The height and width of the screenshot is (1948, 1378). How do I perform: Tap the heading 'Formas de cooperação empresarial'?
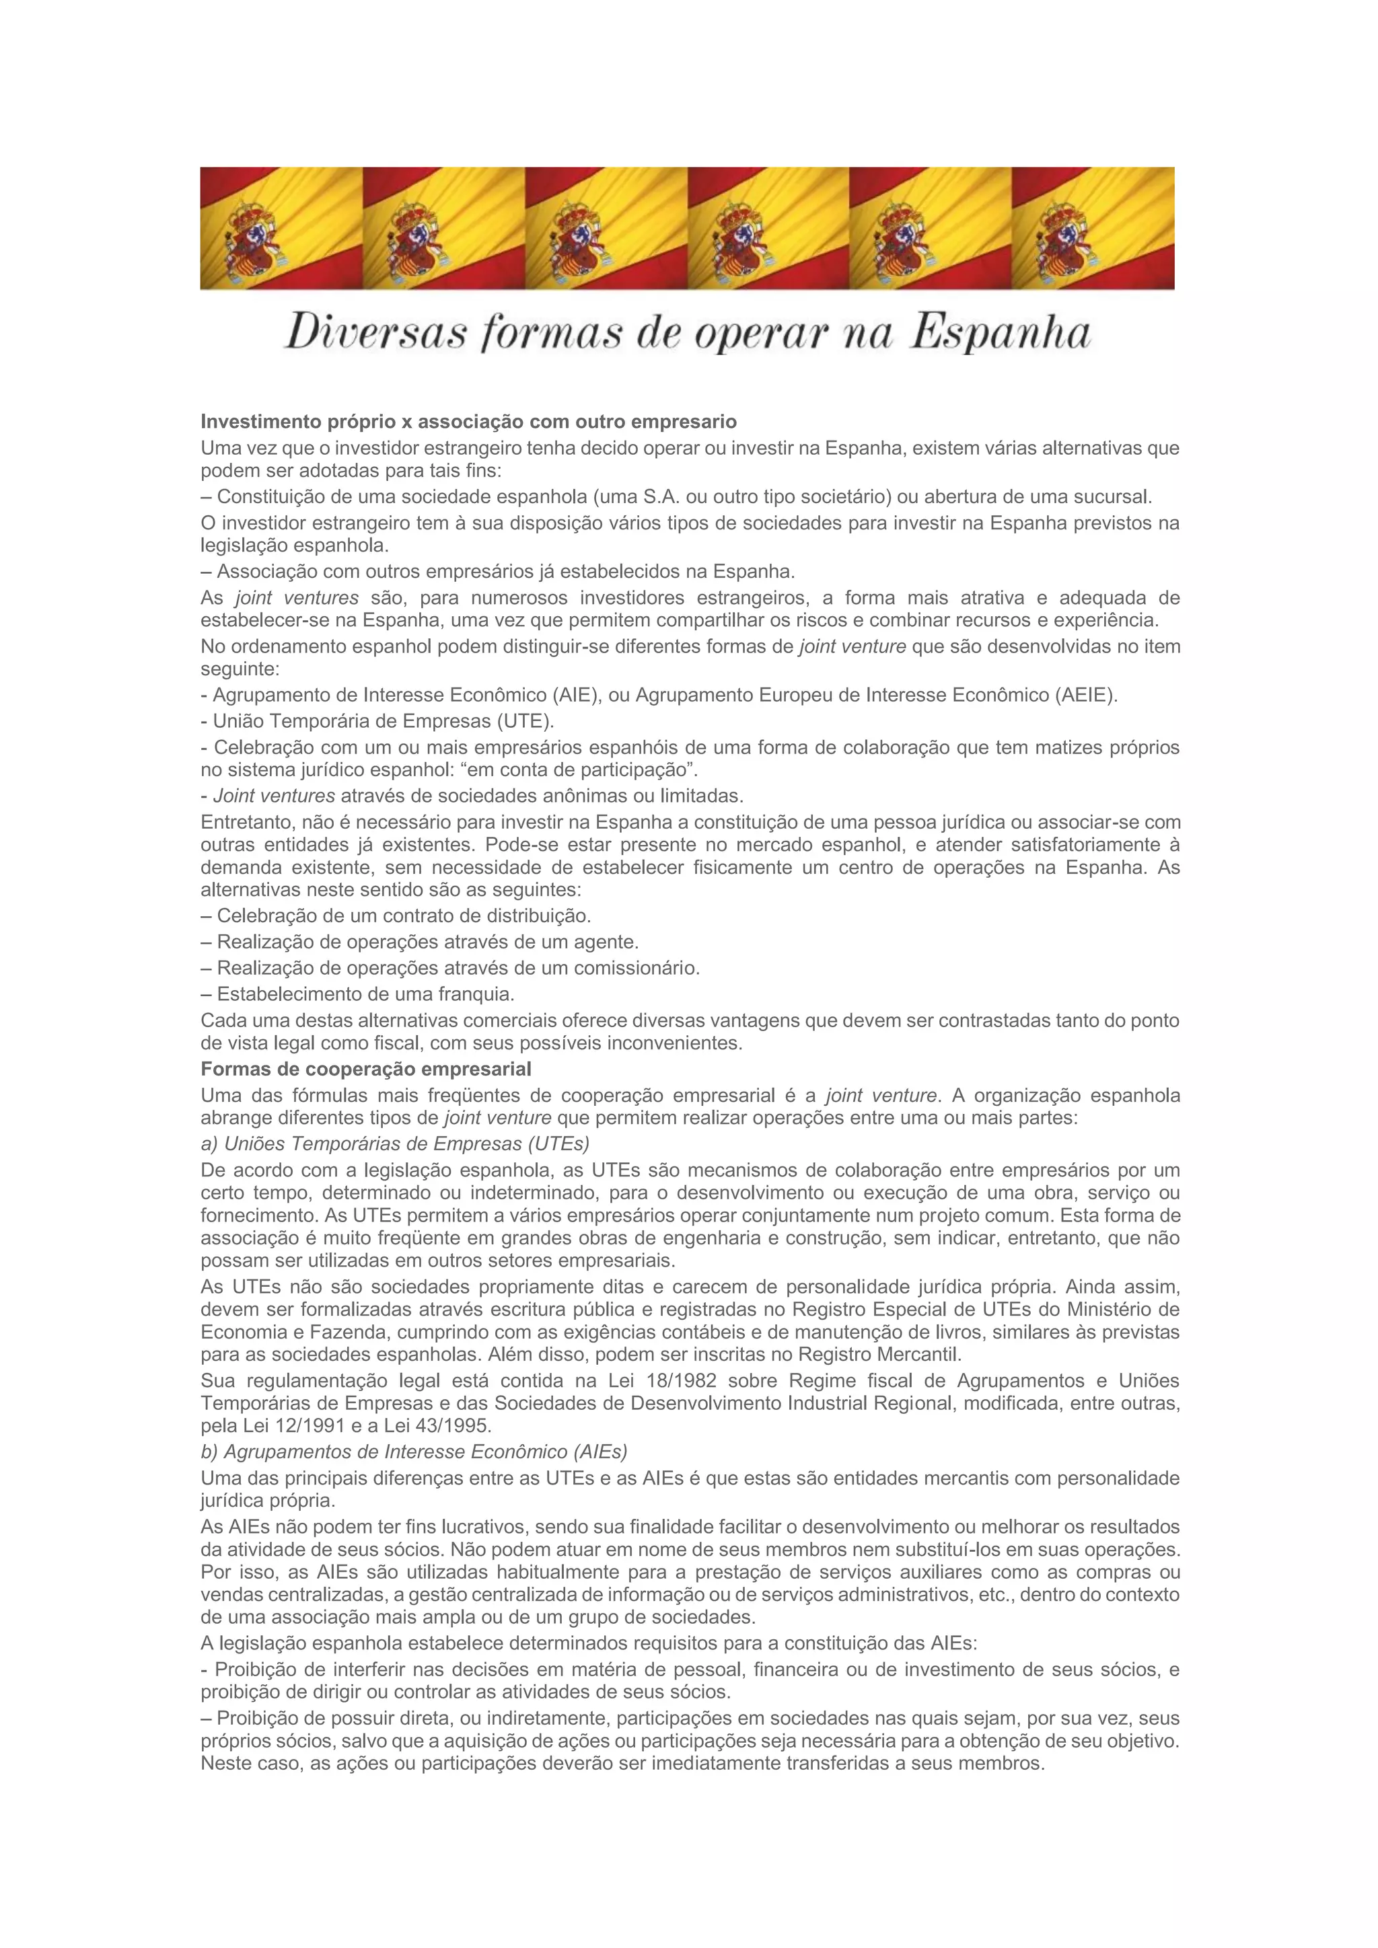pos(366,1068)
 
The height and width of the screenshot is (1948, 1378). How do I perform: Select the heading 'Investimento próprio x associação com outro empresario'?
pos(468,422)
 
